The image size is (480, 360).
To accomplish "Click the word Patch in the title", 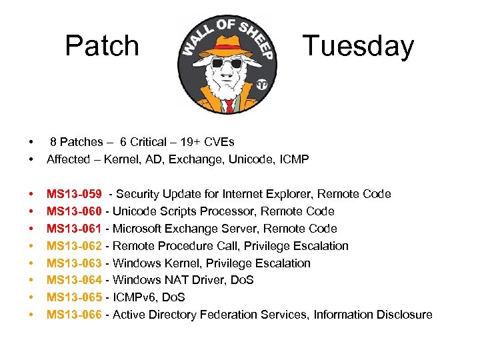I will [102, 46].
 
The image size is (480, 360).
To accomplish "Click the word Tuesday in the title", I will [358, 46].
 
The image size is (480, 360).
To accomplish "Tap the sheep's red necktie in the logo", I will [229, 105].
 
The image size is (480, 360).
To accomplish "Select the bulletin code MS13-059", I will [74, 194].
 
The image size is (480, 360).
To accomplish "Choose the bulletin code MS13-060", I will [74, 211].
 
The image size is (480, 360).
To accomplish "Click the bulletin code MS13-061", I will [74, 229].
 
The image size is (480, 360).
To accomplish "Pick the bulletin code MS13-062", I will [74, 246].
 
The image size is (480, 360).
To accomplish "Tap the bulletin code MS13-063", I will [74, 263].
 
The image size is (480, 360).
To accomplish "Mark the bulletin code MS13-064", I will [74, 280].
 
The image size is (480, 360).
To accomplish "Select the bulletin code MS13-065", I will [74, 297].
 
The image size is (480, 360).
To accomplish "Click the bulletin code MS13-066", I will [74, 315].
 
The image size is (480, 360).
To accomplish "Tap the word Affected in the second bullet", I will [67, 159].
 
